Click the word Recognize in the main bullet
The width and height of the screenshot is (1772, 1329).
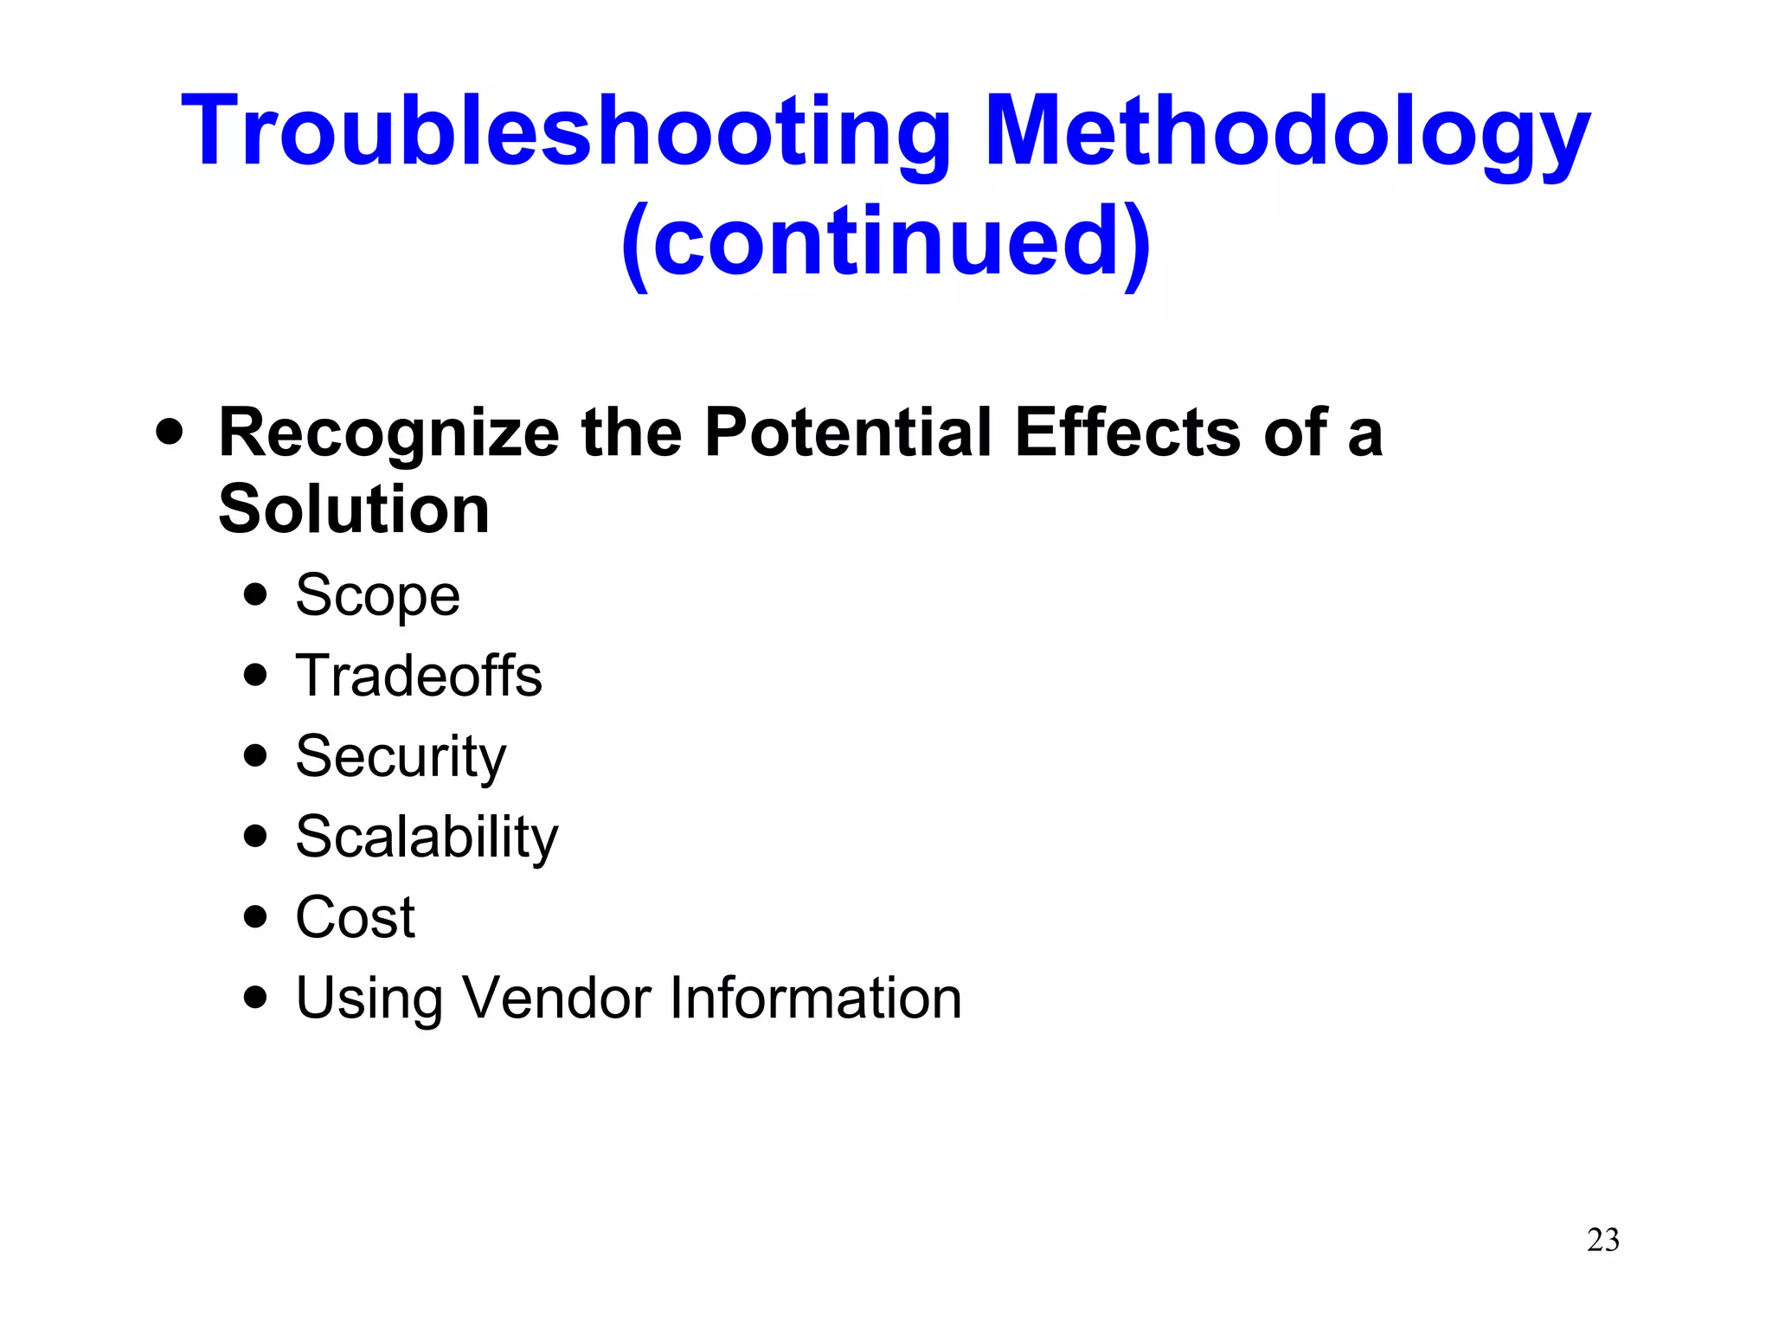point(388,433)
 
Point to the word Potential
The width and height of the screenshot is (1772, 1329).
point(847,432)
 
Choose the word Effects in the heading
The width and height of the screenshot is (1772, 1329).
point(1128,432)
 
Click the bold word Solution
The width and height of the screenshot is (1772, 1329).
point(354,509)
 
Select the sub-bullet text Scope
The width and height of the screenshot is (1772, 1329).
point(377,595)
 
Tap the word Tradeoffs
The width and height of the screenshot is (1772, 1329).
point(419,676)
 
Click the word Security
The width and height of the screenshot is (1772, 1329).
point(401,756)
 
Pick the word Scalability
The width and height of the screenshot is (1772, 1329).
point(427,837)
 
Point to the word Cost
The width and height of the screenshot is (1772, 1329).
point(355,917)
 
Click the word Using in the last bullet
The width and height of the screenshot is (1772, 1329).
point(369,998)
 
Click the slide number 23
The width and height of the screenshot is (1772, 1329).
point(1602,1240)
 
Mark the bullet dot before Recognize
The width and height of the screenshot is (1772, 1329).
point(170,431)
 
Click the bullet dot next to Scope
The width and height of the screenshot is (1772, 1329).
point(255,594)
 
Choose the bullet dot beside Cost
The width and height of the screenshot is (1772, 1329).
point(255,916)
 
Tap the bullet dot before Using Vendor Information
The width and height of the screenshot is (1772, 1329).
point(255,997)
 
